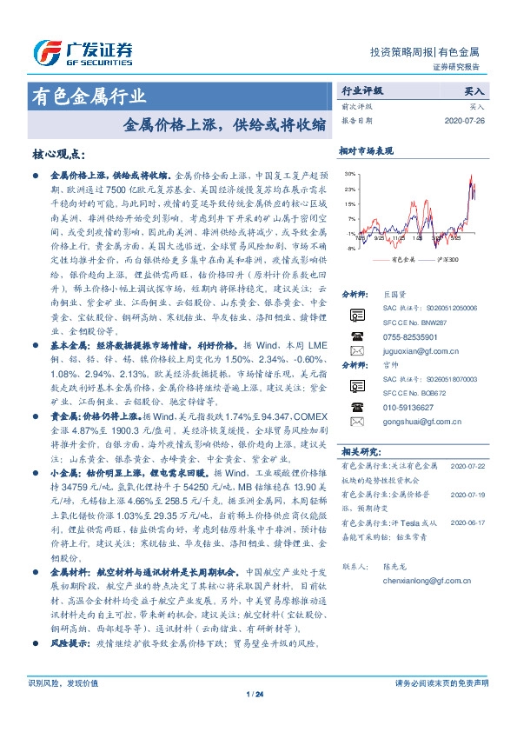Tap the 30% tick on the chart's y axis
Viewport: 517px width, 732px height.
349,174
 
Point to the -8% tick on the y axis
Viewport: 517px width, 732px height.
349,249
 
